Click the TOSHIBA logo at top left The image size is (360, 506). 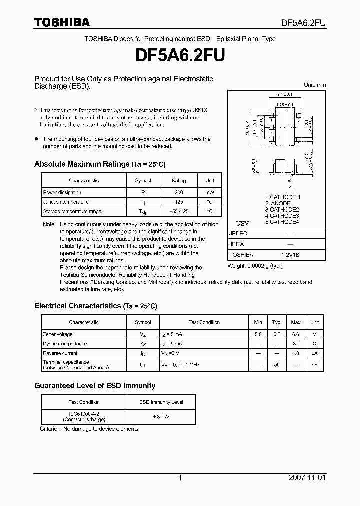62,22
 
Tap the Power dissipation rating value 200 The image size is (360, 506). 179,193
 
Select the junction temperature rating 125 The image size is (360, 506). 179,202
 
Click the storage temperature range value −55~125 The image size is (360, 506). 179,212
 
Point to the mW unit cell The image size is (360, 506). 209,193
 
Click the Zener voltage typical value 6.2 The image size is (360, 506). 277,334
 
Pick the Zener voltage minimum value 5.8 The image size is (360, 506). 258,334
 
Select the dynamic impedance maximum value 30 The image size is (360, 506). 296,344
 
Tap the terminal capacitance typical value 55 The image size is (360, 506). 277,365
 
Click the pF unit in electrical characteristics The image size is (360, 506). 315,365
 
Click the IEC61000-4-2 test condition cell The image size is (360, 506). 84,416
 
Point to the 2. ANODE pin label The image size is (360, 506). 278,204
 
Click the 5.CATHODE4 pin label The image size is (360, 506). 282,222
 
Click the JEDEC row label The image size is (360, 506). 238,234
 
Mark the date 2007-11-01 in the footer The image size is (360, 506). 307,478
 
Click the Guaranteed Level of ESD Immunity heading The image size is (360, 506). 95,386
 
